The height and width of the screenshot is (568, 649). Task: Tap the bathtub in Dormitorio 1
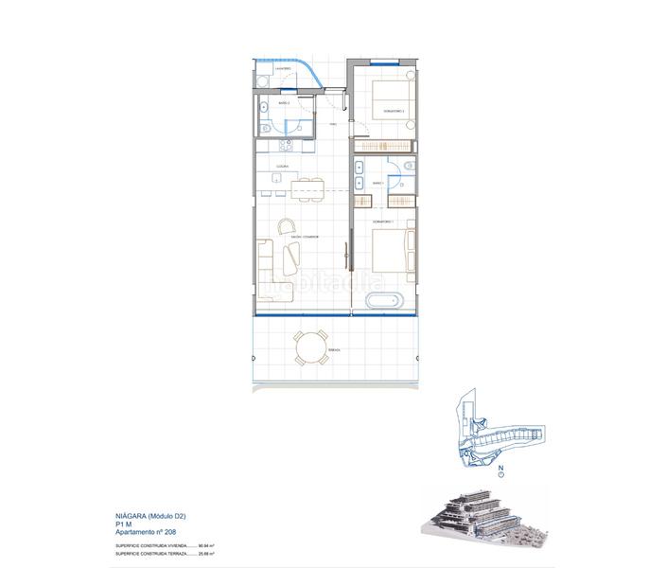click(x=386, y=304)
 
